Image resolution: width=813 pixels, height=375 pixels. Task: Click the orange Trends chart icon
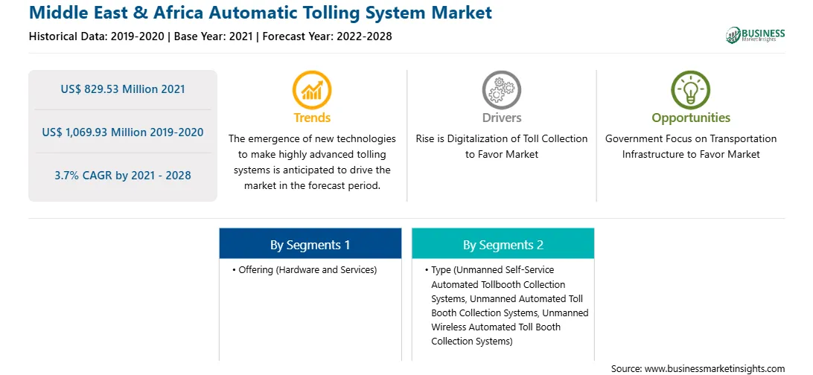click(x=312, y=89)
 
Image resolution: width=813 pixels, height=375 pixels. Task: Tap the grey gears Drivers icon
click(x=501, y=89)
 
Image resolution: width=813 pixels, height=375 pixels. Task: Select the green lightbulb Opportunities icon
click(x=691, y=89)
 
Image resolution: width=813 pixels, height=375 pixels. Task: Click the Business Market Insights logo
click(x=756, y=35)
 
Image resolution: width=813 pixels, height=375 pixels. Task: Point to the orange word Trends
click(x=312, y=118)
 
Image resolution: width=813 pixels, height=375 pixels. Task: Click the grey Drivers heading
click(x=502, y=118)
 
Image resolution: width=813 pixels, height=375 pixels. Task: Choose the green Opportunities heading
click(x=691, y=118)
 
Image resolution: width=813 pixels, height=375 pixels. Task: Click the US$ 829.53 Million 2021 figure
click(x=123, y=89)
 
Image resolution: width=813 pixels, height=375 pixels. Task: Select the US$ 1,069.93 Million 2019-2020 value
click(x=123, y=132)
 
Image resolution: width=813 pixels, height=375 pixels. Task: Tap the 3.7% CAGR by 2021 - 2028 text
click(x=123, y=176)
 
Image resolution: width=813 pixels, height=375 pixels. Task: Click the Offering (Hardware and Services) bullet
click(x=305, y=270)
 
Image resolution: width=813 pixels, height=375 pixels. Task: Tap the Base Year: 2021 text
click(x=213, y=36)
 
